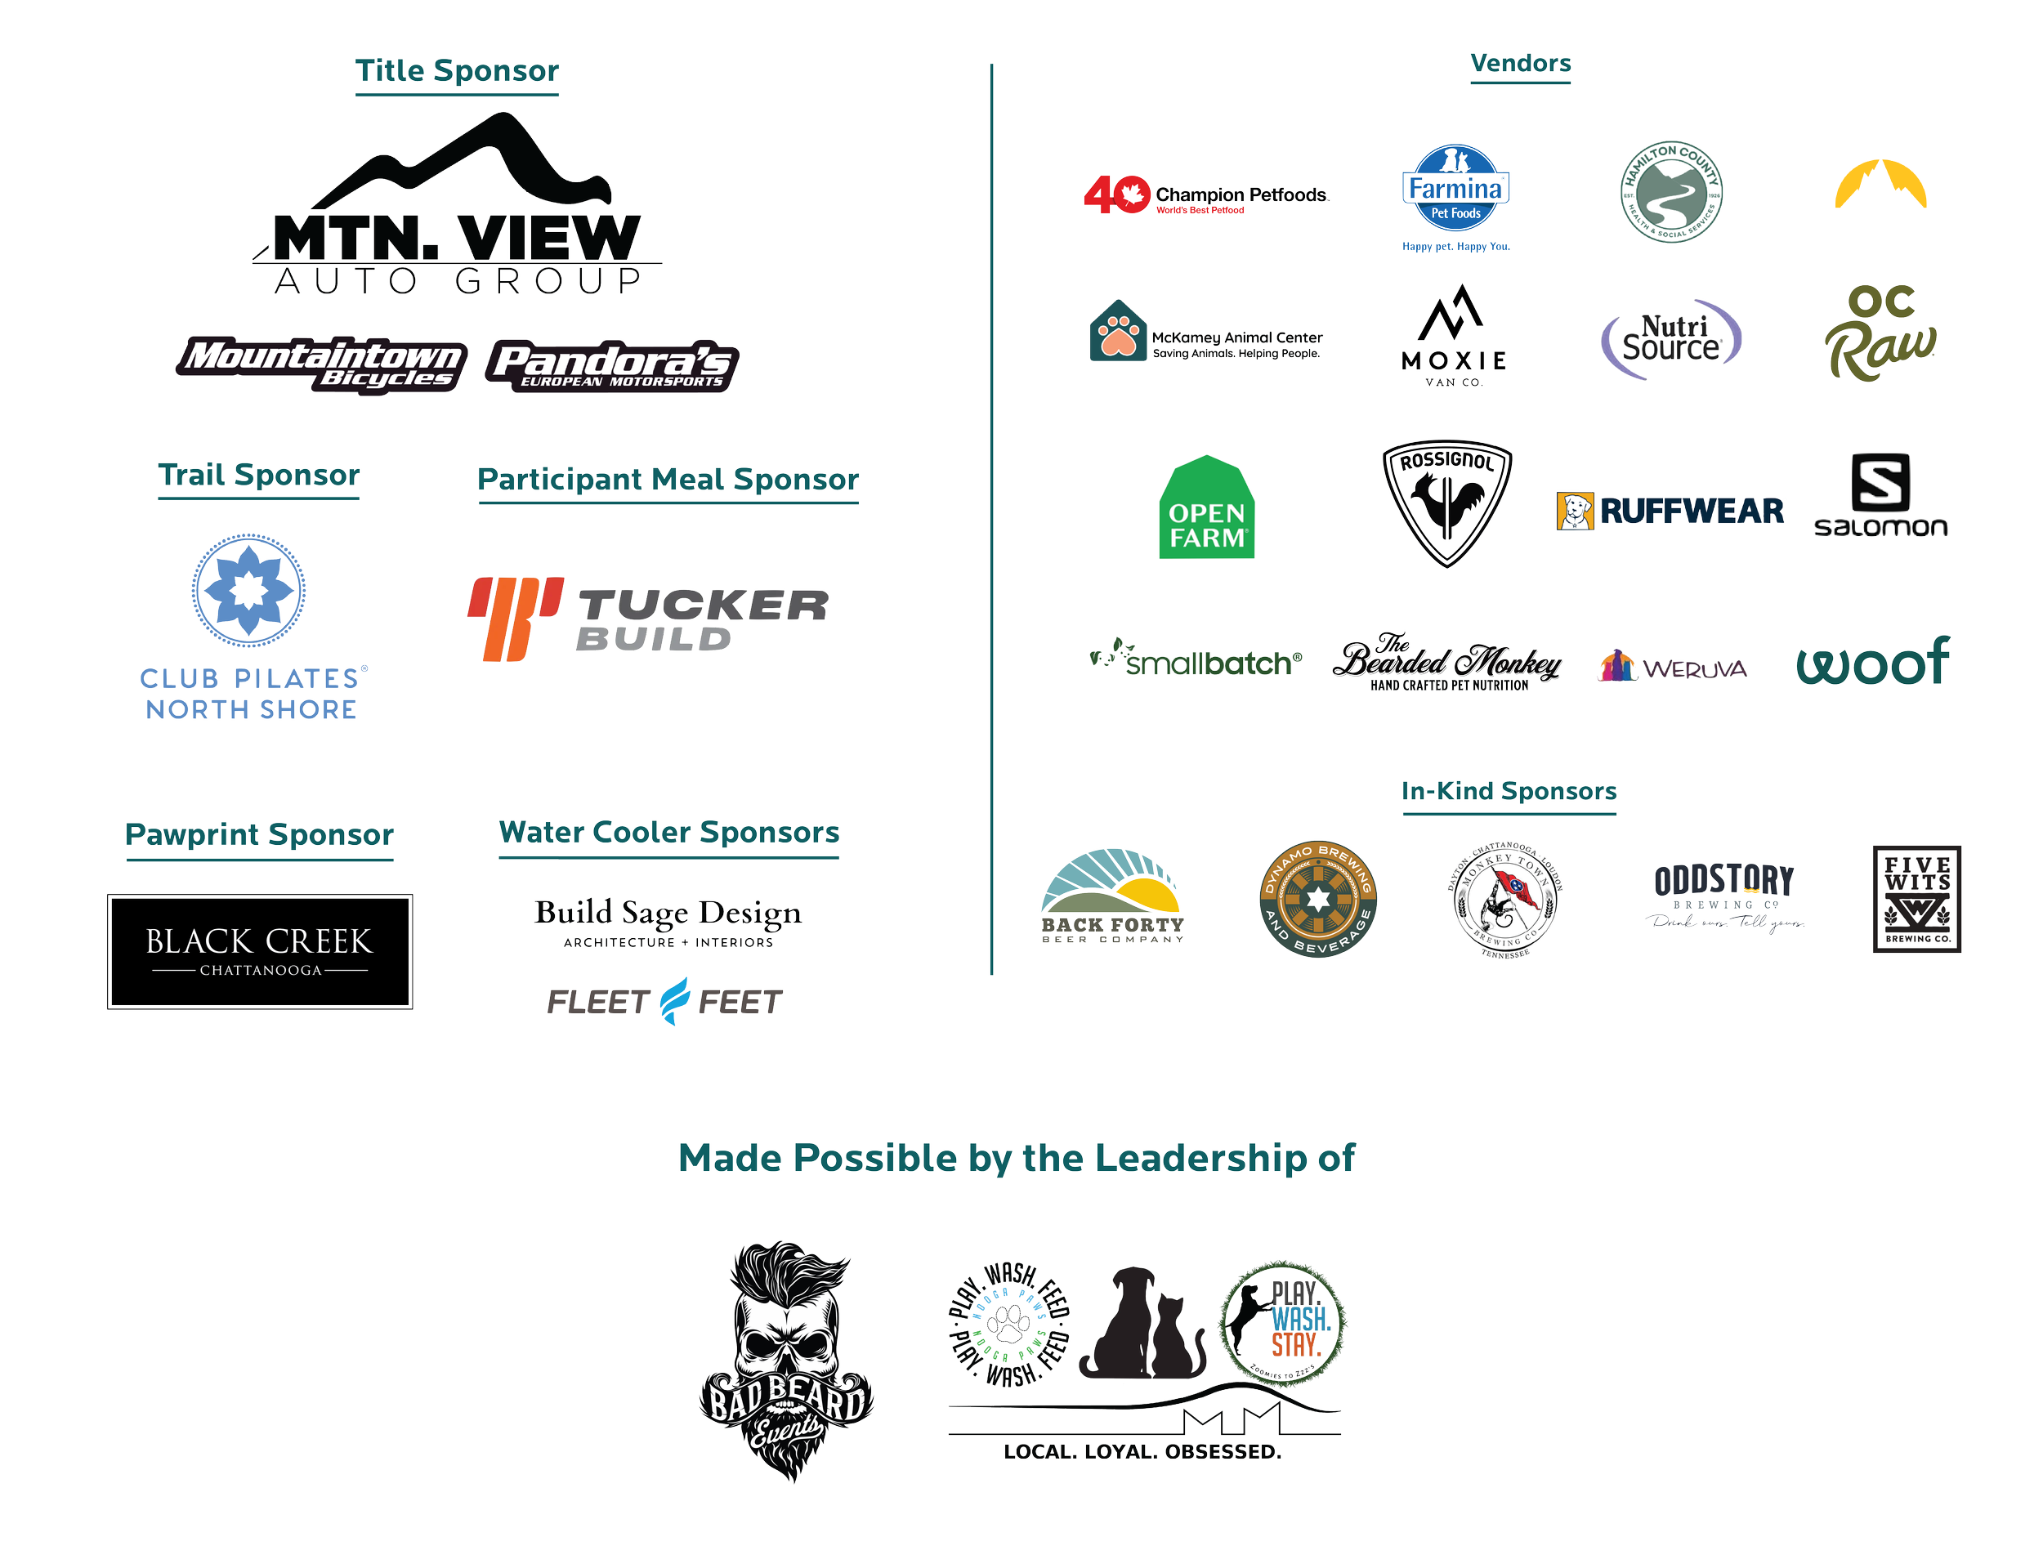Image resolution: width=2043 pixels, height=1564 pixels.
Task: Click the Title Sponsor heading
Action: point(456,71)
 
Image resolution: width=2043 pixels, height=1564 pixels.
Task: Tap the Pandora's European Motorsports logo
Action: point(612,365)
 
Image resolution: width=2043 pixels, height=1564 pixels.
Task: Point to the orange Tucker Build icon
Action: point(515,618)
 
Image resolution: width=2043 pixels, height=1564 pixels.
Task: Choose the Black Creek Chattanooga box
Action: point(260,951)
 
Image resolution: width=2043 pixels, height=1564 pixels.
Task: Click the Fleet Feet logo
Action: point(664,1003)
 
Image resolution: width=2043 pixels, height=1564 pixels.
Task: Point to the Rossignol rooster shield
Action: point(1446,503)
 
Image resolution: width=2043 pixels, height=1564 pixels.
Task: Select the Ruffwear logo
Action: point(1670,511)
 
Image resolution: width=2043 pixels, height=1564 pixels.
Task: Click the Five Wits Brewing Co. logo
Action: point(1917,900)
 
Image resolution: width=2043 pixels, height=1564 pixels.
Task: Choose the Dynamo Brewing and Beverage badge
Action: point(1317,900)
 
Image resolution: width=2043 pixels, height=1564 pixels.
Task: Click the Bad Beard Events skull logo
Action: point(786,1360)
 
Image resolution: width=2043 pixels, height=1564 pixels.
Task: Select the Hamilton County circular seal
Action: point(1672,191)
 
